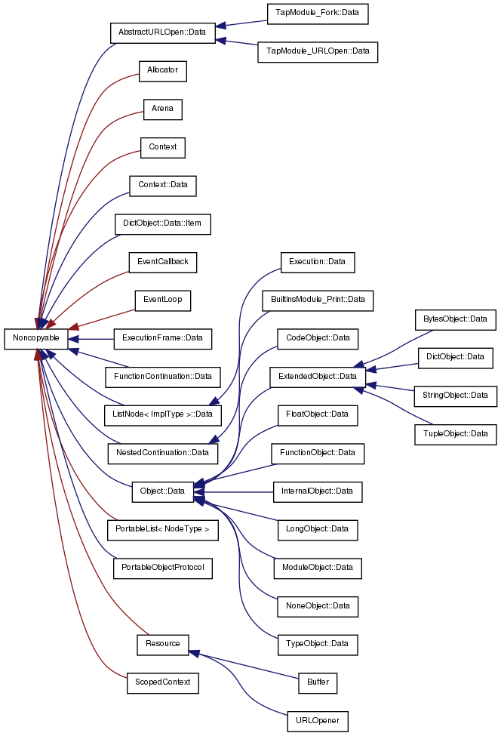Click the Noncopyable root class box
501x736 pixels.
35,339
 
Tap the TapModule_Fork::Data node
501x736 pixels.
317,14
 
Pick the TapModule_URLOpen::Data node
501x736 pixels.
317,52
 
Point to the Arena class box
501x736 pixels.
162,109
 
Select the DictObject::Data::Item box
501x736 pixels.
162,224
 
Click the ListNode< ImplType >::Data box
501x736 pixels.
162,414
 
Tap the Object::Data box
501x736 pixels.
162,491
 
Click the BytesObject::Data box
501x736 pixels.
456,319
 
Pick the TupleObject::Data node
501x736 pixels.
456,434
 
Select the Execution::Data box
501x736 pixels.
317,262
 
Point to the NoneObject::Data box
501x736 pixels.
317,606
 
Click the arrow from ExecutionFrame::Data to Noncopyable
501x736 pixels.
91,339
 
